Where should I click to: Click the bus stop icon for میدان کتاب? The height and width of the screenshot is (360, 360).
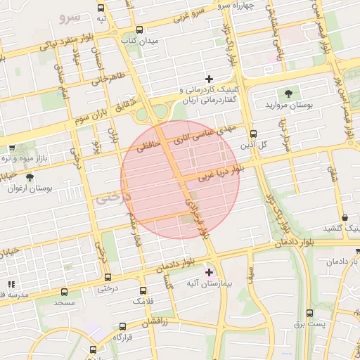[139, 30]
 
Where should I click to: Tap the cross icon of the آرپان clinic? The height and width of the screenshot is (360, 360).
[209, 78]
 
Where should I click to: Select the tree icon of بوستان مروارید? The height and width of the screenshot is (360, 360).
[288, 94]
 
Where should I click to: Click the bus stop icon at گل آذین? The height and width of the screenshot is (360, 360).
[254, 134]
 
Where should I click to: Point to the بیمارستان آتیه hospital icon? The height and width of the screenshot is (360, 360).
[209, 271]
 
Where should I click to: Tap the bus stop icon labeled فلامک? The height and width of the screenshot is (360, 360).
[143, 290]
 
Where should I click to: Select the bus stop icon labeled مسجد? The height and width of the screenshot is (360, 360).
[65, 292]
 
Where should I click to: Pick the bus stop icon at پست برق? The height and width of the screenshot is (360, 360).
[309, 313]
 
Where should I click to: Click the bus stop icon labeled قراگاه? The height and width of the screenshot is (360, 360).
[123, 326]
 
